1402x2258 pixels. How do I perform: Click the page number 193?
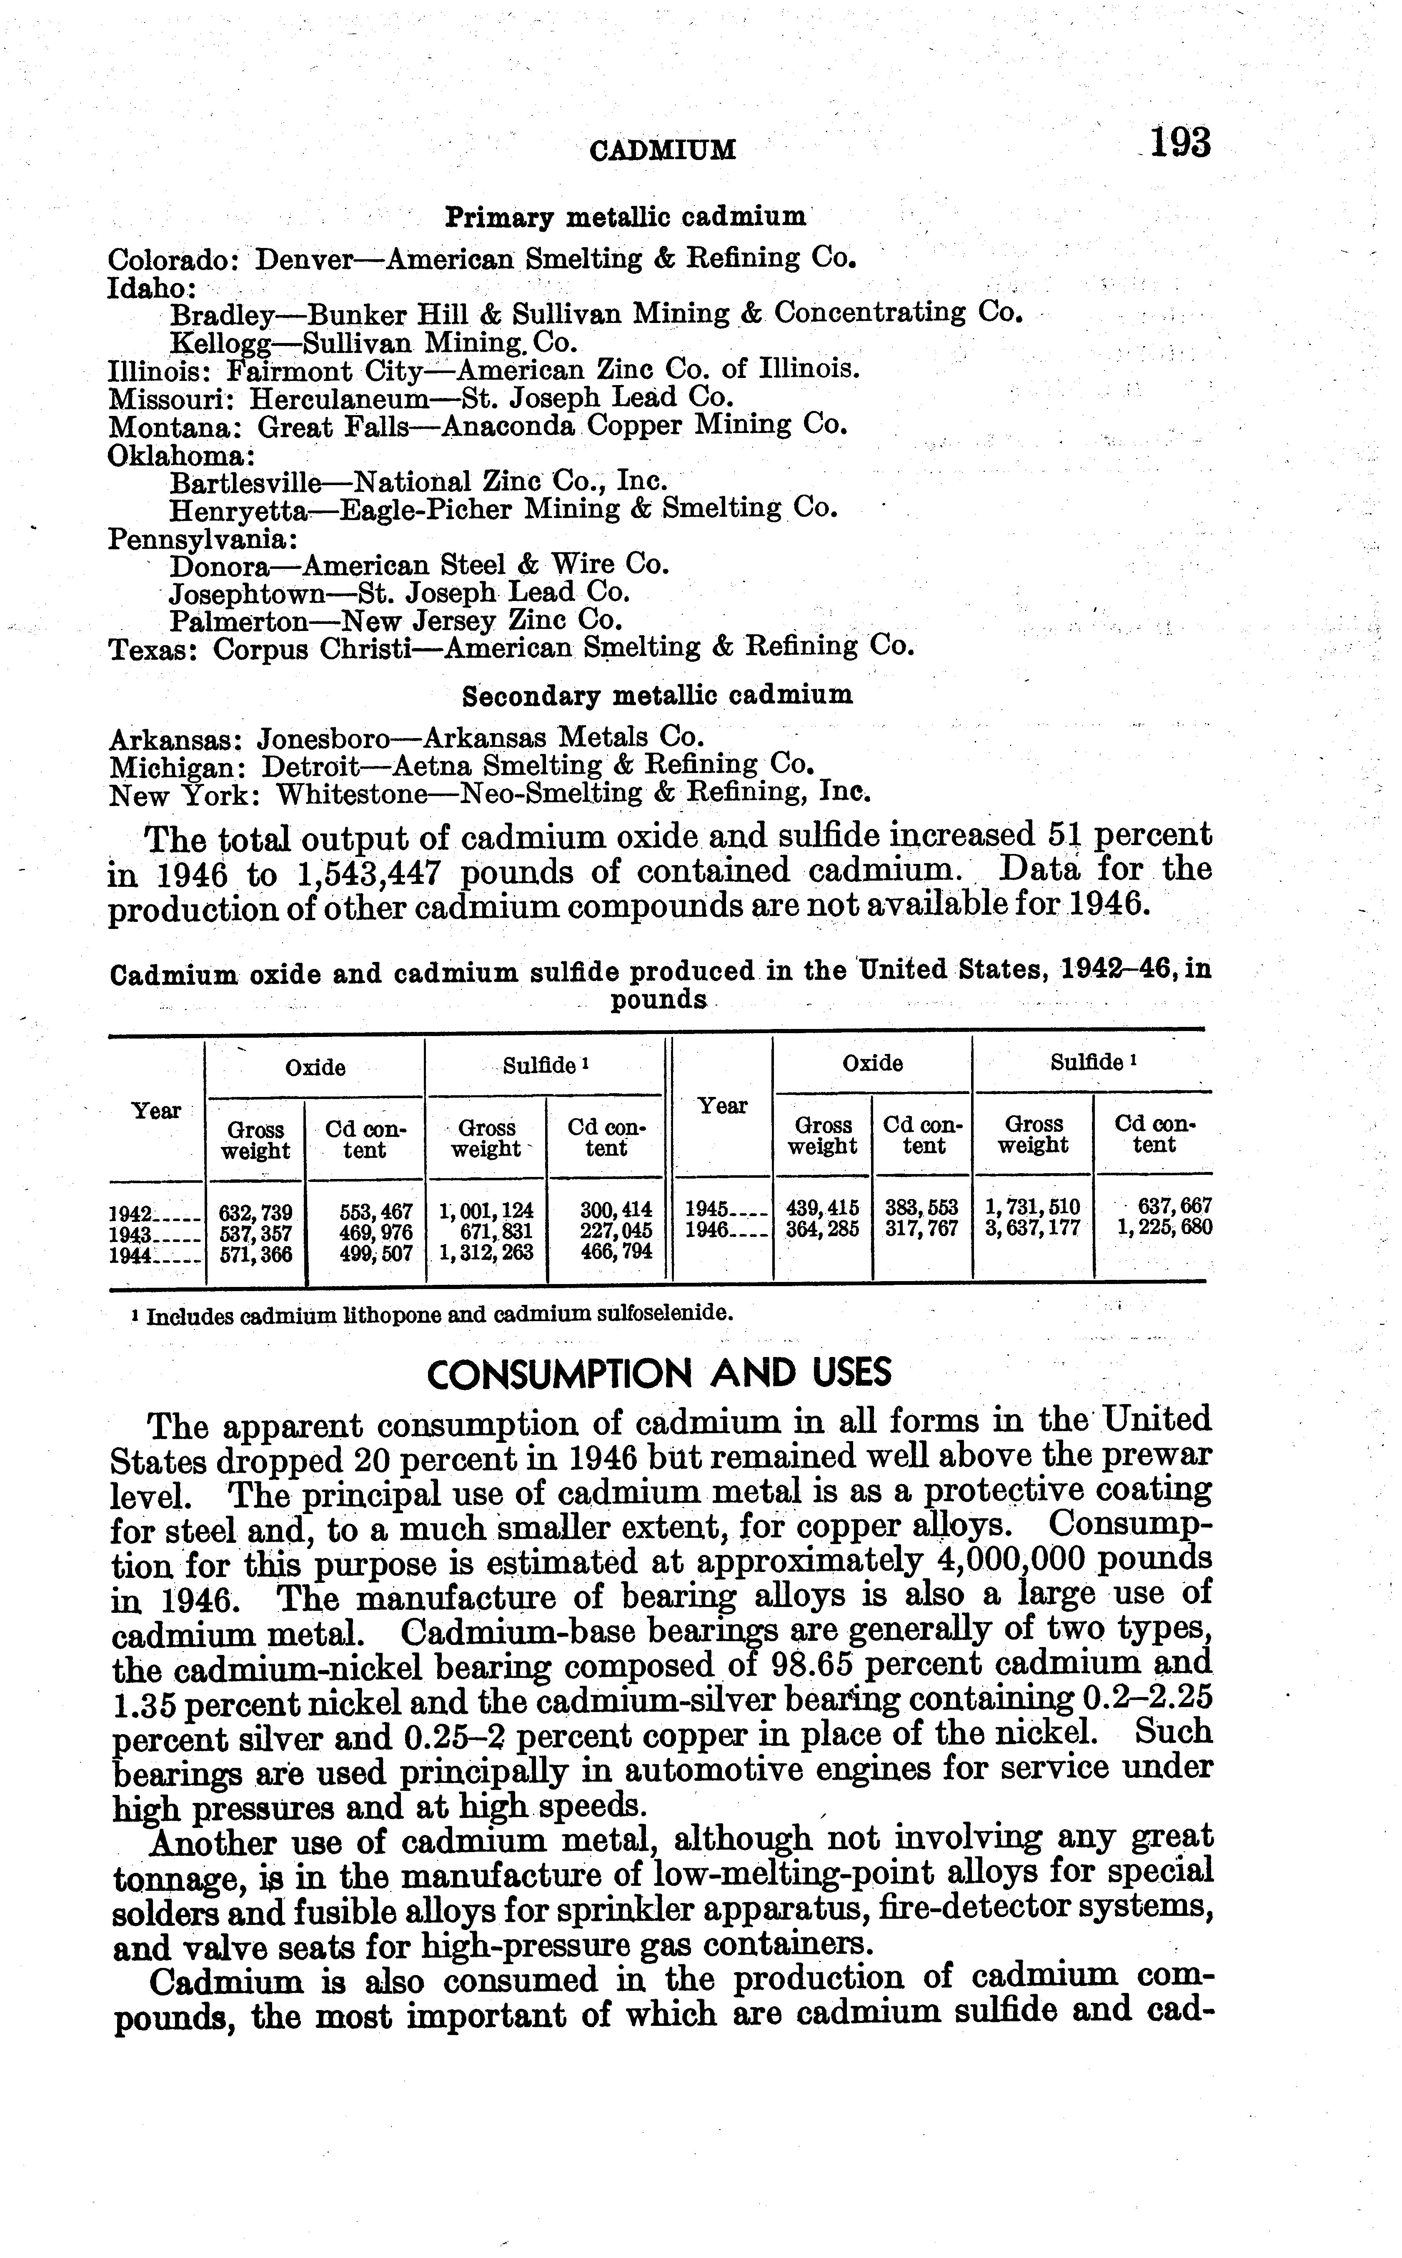click(x=1179, y=144)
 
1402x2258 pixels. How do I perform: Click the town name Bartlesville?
click(x=246, y=482)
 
